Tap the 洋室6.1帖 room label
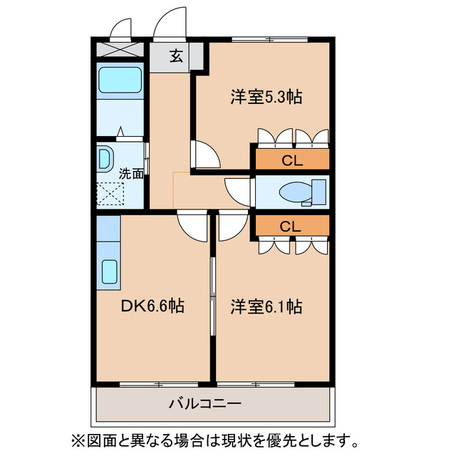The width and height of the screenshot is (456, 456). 265,307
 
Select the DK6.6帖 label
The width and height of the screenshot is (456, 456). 152,307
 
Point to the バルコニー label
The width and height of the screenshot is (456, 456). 204,404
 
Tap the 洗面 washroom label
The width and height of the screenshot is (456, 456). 131,173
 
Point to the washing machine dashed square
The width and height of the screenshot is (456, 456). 110,194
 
